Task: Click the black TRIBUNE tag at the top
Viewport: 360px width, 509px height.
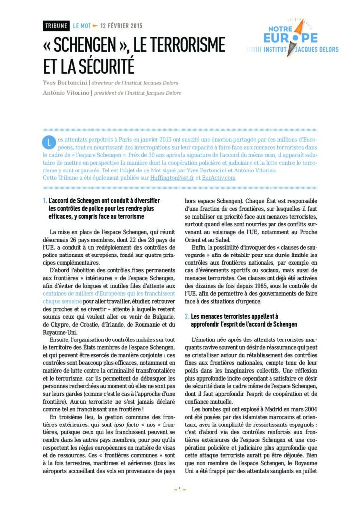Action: [56, 26]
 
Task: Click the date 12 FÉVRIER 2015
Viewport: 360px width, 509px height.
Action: [121, 26]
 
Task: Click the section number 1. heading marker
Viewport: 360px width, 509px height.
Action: [45, 201]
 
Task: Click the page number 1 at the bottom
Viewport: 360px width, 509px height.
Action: [180, 490]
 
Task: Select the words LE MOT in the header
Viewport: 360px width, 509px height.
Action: [82, 26]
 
